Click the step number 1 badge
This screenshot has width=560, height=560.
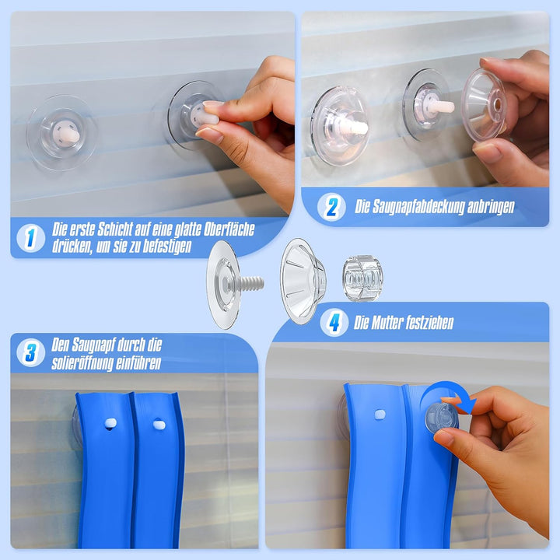[30, 238]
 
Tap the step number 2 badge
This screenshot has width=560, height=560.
[331, 207]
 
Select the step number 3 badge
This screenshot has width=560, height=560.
[30, 352]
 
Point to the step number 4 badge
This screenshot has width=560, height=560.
[334, 322]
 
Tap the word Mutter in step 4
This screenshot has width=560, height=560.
[388, 323]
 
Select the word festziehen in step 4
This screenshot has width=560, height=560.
[430, 323]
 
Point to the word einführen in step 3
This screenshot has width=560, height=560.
[140, 363]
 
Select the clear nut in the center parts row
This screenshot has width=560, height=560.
[362, 277]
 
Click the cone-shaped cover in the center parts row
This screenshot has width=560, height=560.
[303, 281]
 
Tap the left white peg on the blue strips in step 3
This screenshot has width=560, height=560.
[110, 423]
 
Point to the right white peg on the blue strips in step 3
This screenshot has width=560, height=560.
[159, 425]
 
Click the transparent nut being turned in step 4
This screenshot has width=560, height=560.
[441, 417]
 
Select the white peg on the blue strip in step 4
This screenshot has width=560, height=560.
[380, 415]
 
